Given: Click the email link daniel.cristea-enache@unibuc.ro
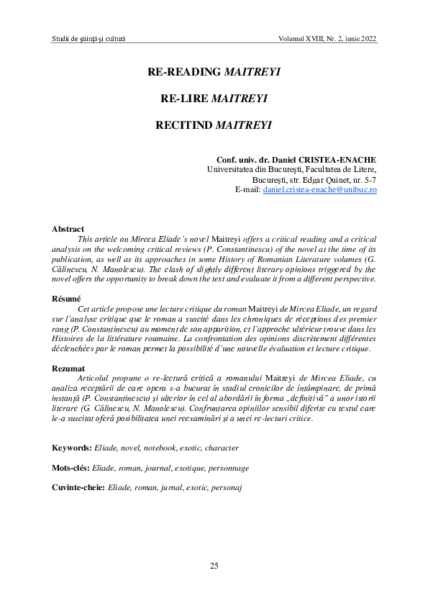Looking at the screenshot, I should (x=320, y=189).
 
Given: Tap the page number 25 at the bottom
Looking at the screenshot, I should (x=214, y=566).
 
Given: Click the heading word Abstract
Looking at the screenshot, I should (x=68, y=229).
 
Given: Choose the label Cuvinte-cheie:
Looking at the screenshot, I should (x=78, y=487).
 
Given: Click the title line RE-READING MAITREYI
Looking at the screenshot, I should (x=214, y=73).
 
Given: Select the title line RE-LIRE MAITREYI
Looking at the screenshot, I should (x=214, y=99).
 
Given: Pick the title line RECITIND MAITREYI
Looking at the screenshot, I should (x=214, y=125).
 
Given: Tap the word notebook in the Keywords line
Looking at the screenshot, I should (x=158, y=448).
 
